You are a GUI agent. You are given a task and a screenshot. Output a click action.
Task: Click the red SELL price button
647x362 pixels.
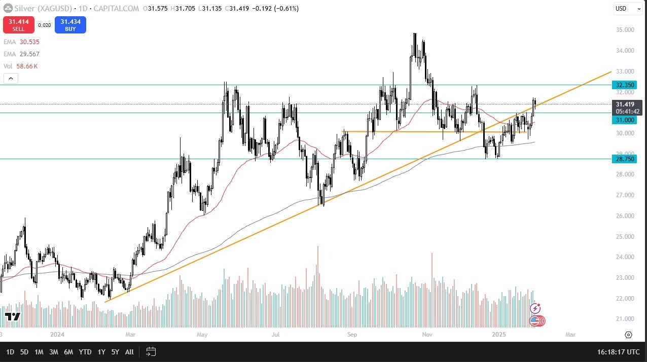click(19, 25)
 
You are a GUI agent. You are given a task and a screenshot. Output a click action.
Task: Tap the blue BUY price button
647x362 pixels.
click(70, 25)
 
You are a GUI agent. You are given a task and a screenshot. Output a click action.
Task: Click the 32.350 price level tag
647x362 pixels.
click(624, 85)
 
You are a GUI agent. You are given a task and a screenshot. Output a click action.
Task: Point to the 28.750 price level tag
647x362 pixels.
click(624, 159)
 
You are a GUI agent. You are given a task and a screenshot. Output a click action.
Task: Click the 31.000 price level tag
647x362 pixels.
click(624, 120)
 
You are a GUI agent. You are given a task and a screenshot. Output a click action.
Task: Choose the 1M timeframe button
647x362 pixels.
click(39, 351)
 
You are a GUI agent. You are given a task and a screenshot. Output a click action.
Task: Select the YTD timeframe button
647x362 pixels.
click(85, 351)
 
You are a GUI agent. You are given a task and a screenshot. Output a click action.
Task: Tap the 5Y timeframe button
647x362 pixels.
click(115, 351)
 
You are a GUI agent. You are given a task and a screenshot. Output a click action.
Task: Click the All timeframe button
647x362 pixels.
click(129, 351)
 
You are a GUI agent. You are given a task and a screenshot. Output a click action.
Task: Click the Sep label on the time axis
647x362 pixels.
click(352, 335)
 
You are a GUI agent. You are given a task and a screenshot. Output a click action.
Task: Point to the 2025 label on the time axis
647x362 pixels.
click(499, 335)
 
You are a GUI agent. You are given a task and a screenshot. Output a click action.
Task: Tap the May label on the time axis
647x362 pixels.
click(202, 335)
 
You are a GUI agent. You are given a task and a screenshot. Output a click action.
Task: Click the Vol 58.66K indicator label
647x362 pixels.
click(21, 66)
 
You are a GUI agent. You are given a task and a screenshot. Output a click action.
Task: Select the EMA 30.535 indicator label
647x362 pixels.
click(21, 42)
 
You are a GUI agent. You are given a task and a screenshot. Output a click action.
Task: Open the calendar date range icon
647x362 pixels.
click(151, 351)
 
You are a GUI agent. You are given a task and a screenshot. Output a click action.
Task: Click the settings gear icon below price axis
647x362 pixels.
click(628, 335)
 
